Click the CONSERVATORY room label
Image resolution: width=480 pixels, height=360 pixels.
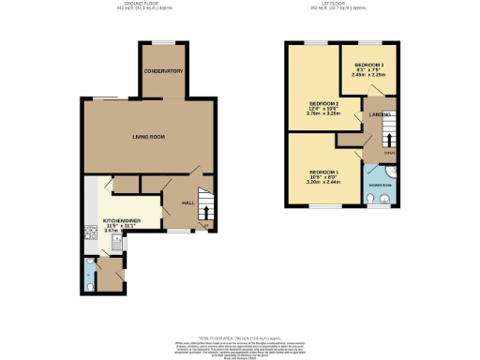(x=162, y=71)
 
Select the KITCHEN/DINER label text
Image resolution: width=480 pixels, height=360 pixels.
(x=120, y=222)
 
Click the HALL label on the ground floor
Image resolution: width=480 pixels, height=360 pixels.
(x=187, y=202)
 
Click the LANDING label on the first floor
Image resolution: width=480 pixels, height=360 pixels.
(x=379, y=115)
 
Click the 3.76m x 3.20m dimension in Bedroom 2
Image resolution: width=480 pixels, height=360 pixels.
(x=324, y=116)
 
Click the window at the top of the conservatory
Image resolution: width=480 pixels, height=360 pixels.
(x=162, y=43)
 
